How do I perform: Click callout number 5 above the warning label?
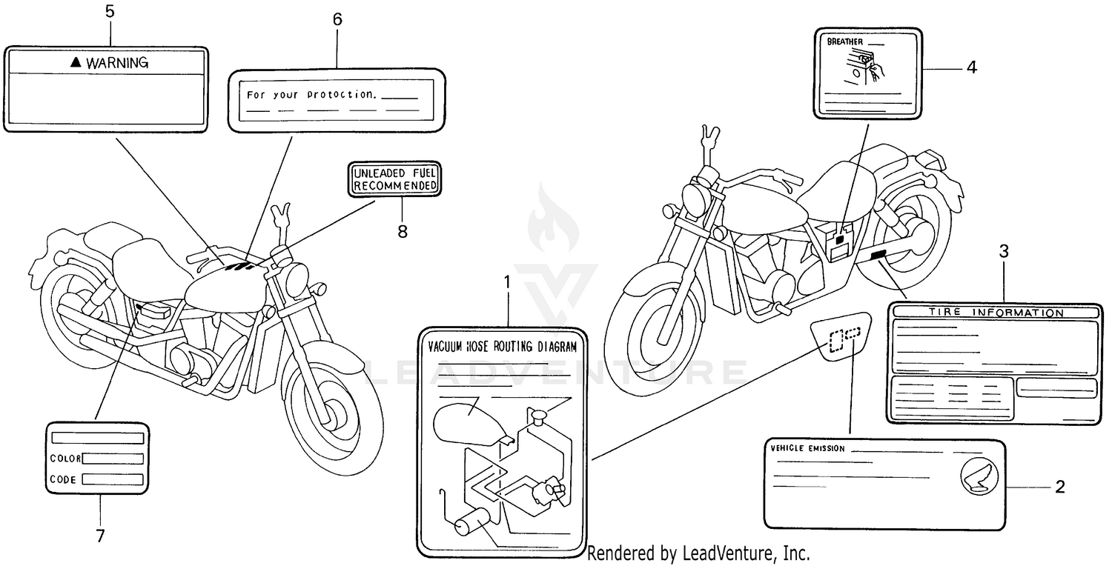coord(110,12)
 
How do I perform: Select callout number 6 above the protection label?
coord(337,20)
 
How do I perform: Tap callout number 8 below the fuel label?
coord(403,231)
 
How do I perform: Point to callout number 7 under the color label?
coord(100,536)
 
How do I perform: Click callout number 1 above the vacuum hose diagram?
coord(507,282)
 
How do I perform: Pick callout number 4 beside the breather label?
coord(971,67)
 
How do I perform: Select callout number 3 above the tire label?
coord(1004,251)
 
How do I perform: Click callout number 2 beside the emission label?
coord(1060,487)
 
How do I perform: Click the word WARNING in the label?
coord(117,63)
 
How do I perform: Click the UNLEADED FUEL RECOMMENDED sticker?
coord(395,179)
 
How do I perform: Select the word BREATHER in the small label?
coord(844,43)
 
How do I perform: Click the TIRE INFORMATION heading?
coord(995,313)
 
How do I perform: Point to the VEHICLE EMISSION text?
coord(807,449)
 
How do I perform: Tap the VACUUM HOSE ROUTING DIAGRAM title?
coord(502,346)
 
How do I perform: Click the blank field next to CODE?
coord(113,479)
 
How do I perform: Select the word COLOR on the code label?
coord(64,459)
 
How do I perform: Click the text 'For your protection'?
coord(312,95)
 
